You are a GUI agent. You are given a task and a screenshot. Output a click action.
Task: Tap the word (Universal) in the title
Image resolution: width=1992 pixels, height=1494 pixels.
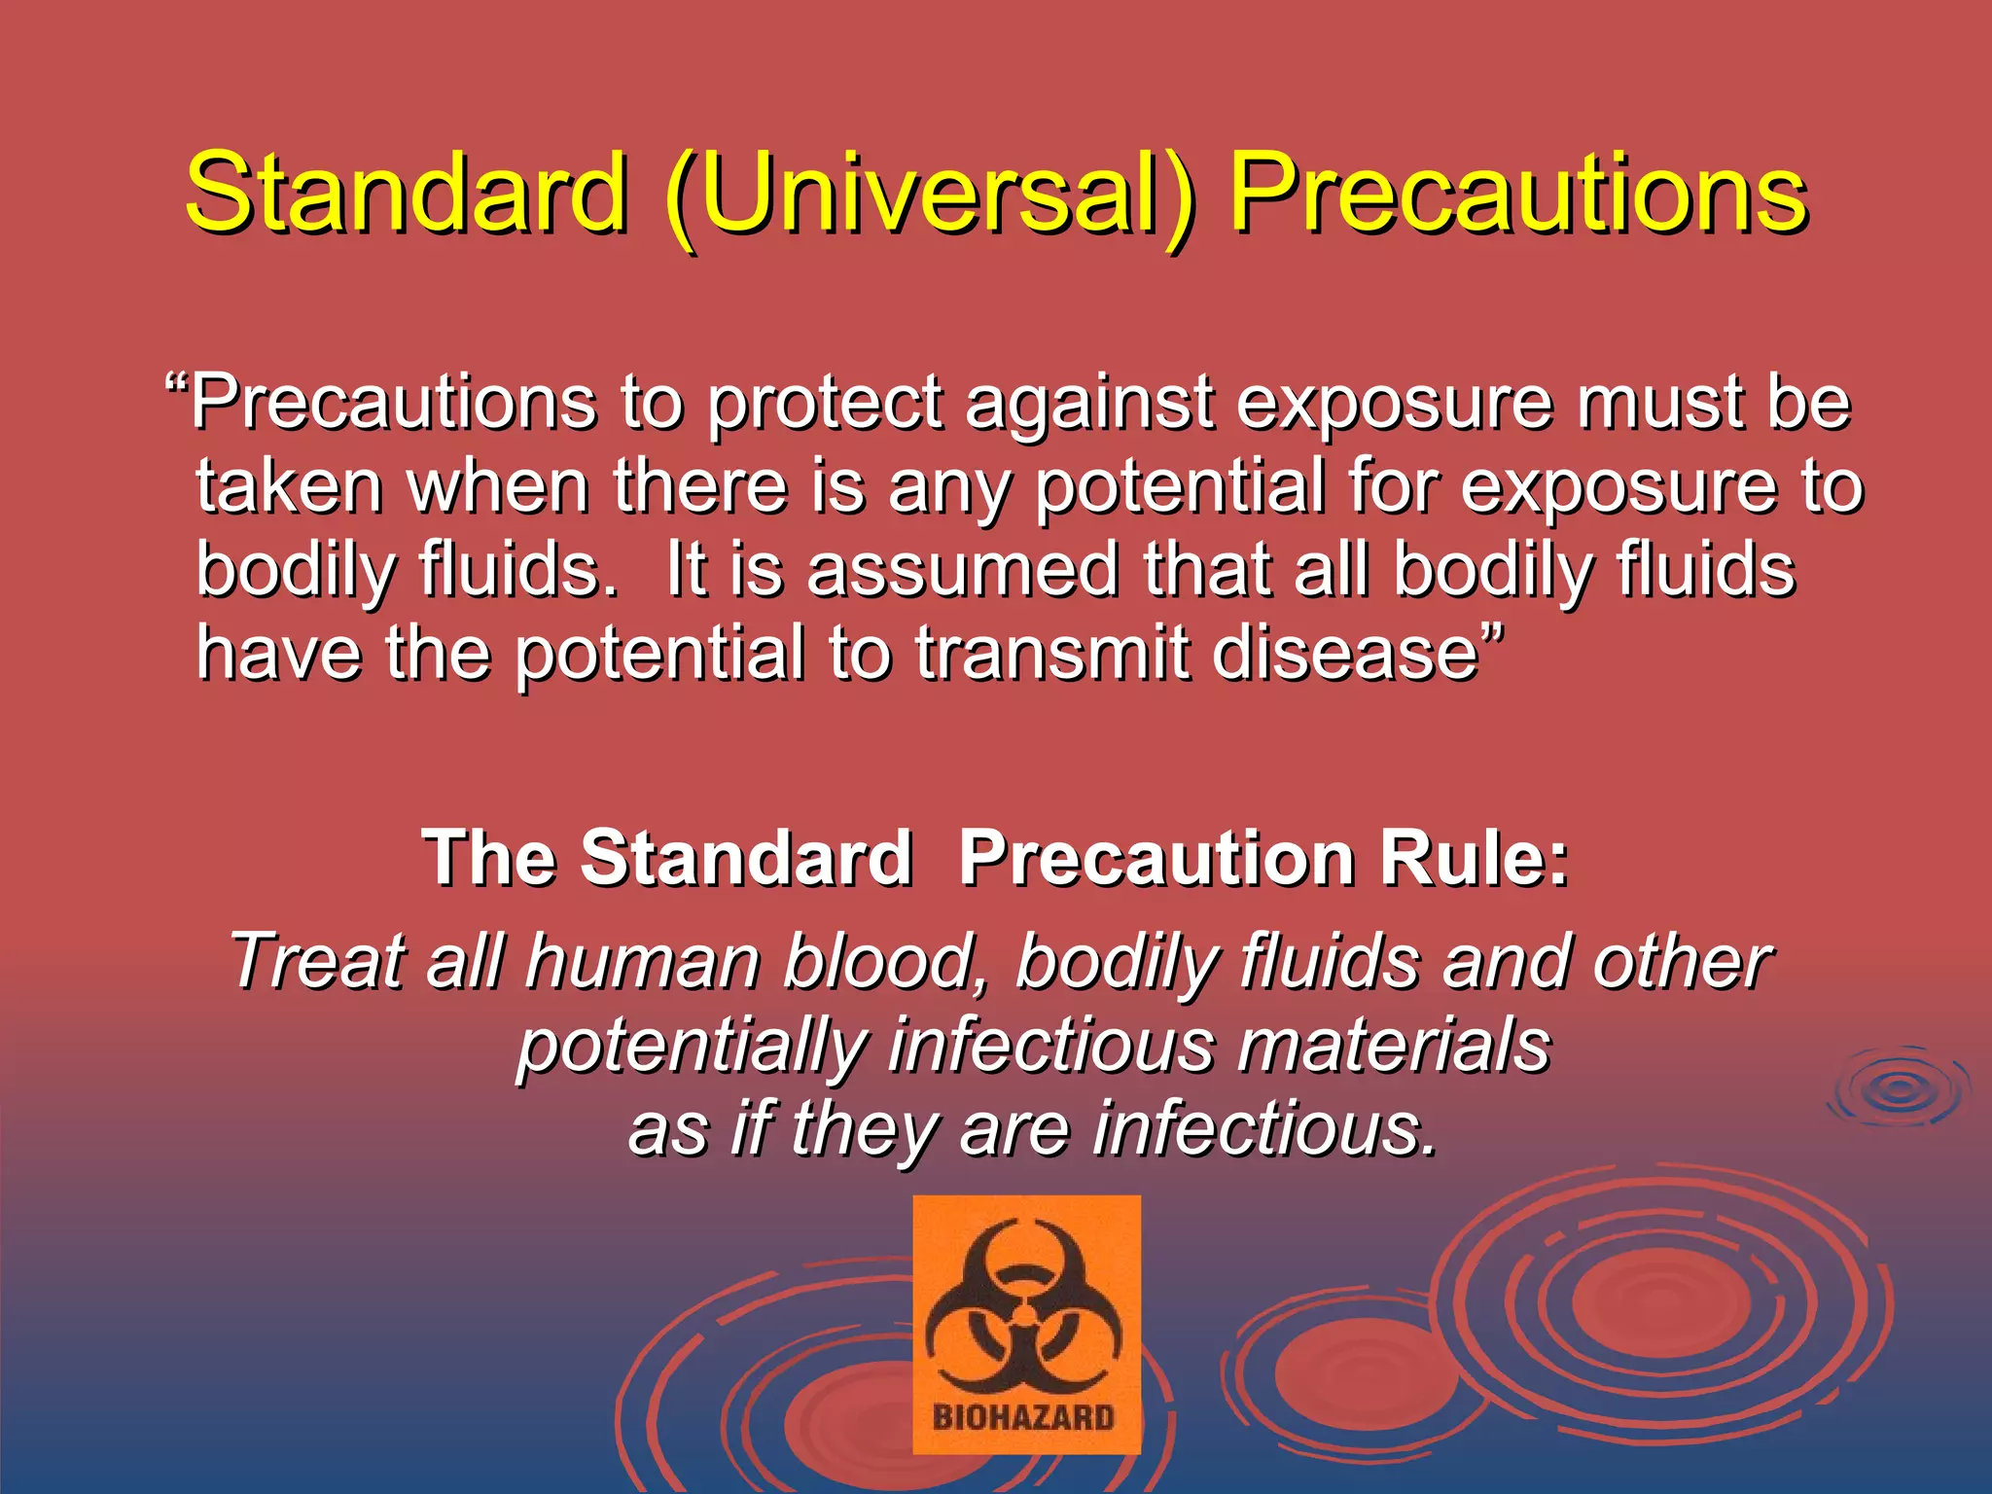coord(929,195)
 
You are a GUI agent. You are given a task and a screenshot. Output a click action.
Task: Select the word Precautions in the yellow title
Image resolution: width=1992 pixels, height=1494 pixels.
coord(1518,195)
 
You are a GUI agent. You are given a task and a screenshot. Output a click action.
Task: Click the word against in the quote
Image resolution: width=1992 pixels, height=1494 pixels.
coord(1090,405)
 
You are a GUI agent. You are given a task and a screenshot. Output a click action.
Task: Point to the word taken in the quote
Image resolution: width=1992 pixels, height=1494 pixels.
coord(289,486)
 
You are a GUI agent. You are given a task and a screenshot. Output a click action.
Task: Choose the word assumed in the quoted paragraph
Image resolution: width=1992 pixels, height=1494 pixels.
coord(962,570)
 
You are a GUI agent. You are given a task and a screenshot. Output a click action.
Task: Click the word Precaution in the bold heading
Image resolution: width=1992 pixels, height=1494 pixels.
coord(1157,858)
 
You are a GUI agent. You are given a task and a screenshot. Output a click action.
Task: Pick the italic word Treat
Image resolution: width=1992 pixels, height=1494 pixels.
coord(315,962)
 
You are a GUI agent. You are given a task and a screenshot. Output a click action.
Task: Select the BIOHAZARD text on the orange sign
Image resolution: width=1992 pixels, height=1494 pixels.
coord(1024,1417)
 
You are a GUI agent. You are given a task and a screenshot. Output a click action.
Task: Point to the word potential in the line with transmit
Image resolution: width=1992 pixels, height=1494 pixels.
coord(660,655)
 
